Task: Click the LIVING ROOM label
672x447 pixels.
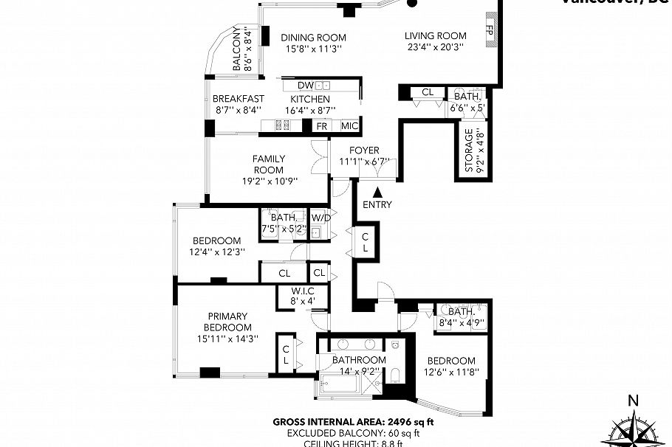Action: tap(435, 35)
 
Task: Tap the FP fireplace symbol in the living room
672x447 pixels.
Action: tap(490, 31)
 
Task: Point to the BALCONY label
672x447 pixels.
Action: tap(238, 49)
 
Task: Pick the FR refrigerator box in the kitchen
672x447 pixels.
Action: tap(321, 126)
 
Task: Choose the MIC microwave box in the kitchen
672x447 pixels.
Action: tap(349, 126)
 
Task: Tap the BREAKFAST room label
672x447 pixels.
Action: tap(238, 99)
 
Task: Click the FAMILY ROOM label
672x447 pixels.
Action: tap(268, 164)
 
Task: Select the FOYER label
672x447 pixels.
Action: tap(364, 150)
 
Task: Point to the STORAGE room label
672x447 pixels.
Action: tap(468, 151)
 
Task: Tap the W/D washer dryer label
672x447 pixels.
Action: tap(320, 218)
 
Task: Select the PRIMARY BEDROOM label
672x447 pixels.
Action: tap(228, 322)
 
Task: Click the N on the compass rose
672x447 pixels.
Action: tap(632, 401)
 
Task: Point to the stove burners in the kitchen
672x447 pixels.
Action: tap(283, 126)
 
